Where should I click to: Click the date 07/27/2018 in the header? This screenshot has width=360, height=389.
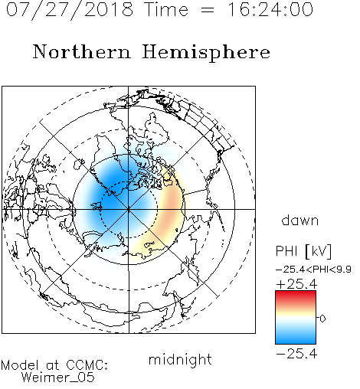pos(70,10)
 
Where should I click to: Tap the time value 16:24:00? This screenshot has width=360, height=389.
pos(270,9)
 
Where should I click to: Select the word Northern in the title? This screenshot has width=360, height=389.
pos(82,51)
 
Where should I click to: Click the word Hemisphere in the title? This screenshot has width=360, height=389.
pos(206,52)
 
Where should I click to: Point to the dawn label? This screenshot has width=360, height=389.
pos(300,220)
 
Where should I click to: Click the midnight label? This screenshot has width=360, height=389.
pos(180,360)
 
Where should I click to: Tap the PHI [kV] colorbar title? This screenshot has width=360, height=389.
pos(303,251)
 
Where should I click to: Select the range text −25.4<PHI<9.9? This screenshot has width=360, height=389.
pos(313,270)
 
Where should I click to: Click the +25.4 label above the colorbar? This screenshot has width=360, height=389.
pos(296,284)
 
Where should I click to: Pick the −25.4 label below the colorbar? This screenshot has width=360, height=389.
pos(296,354)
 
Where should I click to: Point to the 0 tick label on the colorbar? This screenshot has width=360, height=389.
pos(322,319)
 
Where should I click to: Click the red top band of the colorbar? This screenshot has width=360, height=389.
pos(296,296)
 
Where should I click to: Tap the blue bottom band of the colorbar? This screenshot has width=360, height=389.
pos(296,338)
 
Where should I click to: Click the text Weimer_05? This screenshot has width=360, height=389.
pos(58,378)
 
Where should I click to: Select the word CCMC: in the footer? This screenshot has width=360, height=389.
pos(87,365)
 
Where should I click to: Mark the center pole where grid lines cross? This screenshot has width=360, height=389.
pos(129,210)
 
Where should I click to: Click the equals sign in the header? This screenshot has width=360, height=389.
pos(208,10)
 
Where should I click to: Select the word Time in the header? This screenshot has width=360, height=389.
pos(166,9)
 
